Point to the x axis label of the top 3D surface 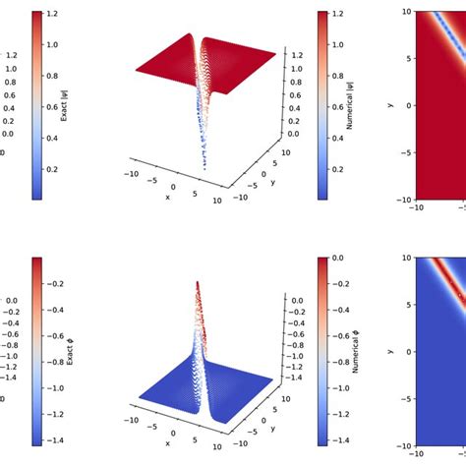[168, 196]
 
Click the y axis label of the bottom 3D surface [267, 432]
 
